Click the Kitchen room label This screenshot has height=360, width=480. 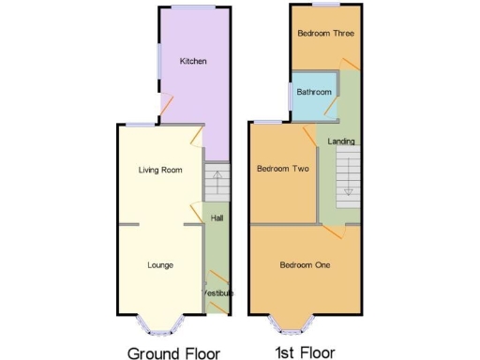pyautogui.click(x=193, y=62)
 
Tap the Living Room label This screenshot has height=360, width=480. pyautogui.click(x=159, y=171)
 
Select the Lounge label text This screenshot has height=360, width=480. pyautogui.click(x=160, y=265)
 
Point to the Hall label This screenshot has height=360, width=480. pyautogui.click(x=217, y=218)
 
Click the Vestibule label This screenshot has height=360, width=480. pyautogui.click(x=217, y=293)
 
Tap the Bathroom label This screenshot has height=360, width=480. pyautogui.click(x=314, y=93)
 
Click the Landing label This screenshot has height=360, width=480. pyautogui.click(x=341, y=142)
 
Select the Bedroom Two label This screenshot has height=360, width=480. pyautogui.click(x=282, y=170)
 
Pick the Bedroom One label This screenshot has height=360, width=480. pyautogui.click(x=305, y=265)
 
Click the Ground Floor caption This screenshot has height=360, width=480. pyautogui.click(x=173, y=353)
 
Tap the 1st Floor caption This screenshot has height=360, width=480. pyautogui.click(x=305, y=353)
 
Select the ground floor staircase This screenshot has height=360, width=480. pyautogui.click(x=217, y=183)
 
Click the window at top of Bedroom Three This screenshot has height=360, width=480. pyautogui.click(x=325, y=6)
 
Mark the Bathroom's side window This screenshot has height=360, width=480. pyautogui.click(x=290, y=95)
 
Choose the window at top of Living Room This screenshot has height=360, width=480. pyautogui.click(x=142, y=125)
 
